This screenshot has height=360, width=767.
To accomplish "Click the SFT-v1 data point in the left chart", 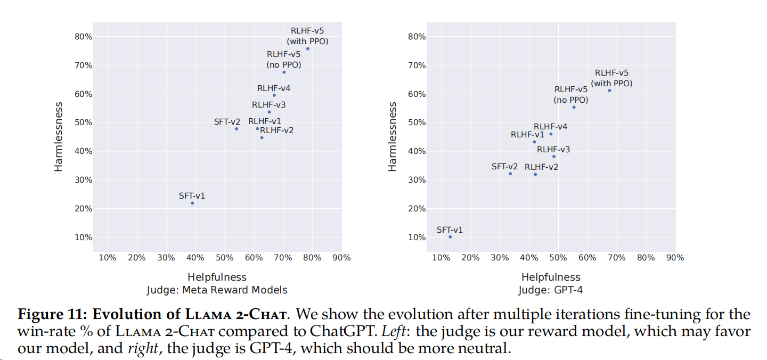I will (x=192, y=203).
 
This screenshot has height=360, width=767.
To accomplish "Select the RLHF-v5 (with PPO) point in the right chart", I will (x=609, y=91).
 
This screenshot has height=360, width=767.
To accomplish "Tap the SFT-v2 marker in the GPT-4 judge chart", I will (x=510, y=174).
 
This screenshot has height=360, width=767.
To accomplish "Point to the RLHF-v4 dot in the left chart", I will (x=274, y=95).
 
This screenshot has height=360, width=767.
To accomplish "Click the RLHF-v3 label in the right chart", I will (x=553, y=150).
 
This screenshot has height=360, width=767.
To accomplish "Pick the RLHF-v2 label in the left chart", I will (x=276, y=130).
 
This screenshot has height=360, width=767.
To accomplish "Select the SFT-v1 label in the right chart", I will (x=450, y=230).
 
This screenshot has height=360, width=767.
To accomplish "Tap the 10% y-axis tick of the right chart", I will (x=417, y=237).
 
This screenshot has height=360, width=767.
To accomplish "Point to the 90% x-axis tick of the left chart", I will (x=341, y=258).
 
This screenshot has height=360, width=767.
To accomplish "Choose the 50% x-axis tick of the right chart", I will (x=558, y=258).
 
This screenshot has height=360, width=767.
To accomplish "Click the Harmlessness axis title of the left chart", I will (x=59, y=137).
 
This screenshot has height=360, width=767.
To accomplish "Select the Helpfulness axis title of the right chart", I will (x=551, y=277).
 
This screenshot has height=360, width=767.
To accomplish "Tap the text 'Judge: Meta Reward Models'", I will (x=217, y=290).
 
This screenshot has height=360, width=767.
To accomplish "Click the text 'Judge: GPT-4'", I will (x=551, y=290).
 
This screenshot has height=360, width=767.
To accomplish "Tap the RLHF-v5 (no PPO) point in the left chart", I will (x=284, y=72).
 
